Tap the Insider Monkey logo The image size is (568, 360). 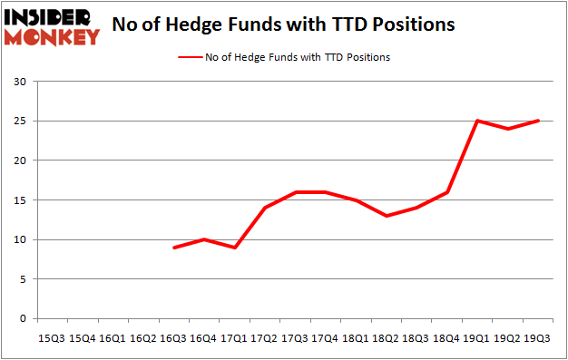[x=53, y=27]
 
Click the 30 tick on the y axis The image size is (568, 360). [x=19, y=83]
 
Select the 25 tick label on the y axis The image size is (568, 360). [x=19, y=122]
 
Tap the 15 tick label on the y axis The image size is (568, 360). [x=19, y=200]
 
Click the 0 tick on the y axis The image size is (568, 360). [x=23, y=319]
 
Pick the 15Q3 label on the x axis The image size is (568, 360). [x=52, y=337]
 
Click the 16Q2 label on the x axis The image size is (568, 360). [x=142, y=337]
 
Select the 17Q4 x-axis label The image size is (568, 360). [x=324, y=337]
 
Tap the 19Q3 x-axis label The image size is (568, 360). [x=536, y=337]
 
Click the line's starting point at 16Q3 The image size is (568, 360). [x=173, y=248]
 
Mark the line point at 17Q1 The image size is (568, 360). [x=234, y=248]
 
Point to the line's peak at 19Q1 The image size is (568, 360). [x=476, y=121]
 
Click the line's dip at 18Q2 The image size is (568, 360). [x=386, y=216]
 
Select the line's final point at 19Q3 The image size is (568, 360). [x=536, y=121]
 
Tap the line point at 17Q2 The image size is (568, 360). [x=264, y=208]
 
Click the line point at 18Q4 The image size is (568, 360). [x=446, y=192]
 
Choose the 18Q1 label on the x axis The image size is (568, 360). [x=355, y=337]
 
